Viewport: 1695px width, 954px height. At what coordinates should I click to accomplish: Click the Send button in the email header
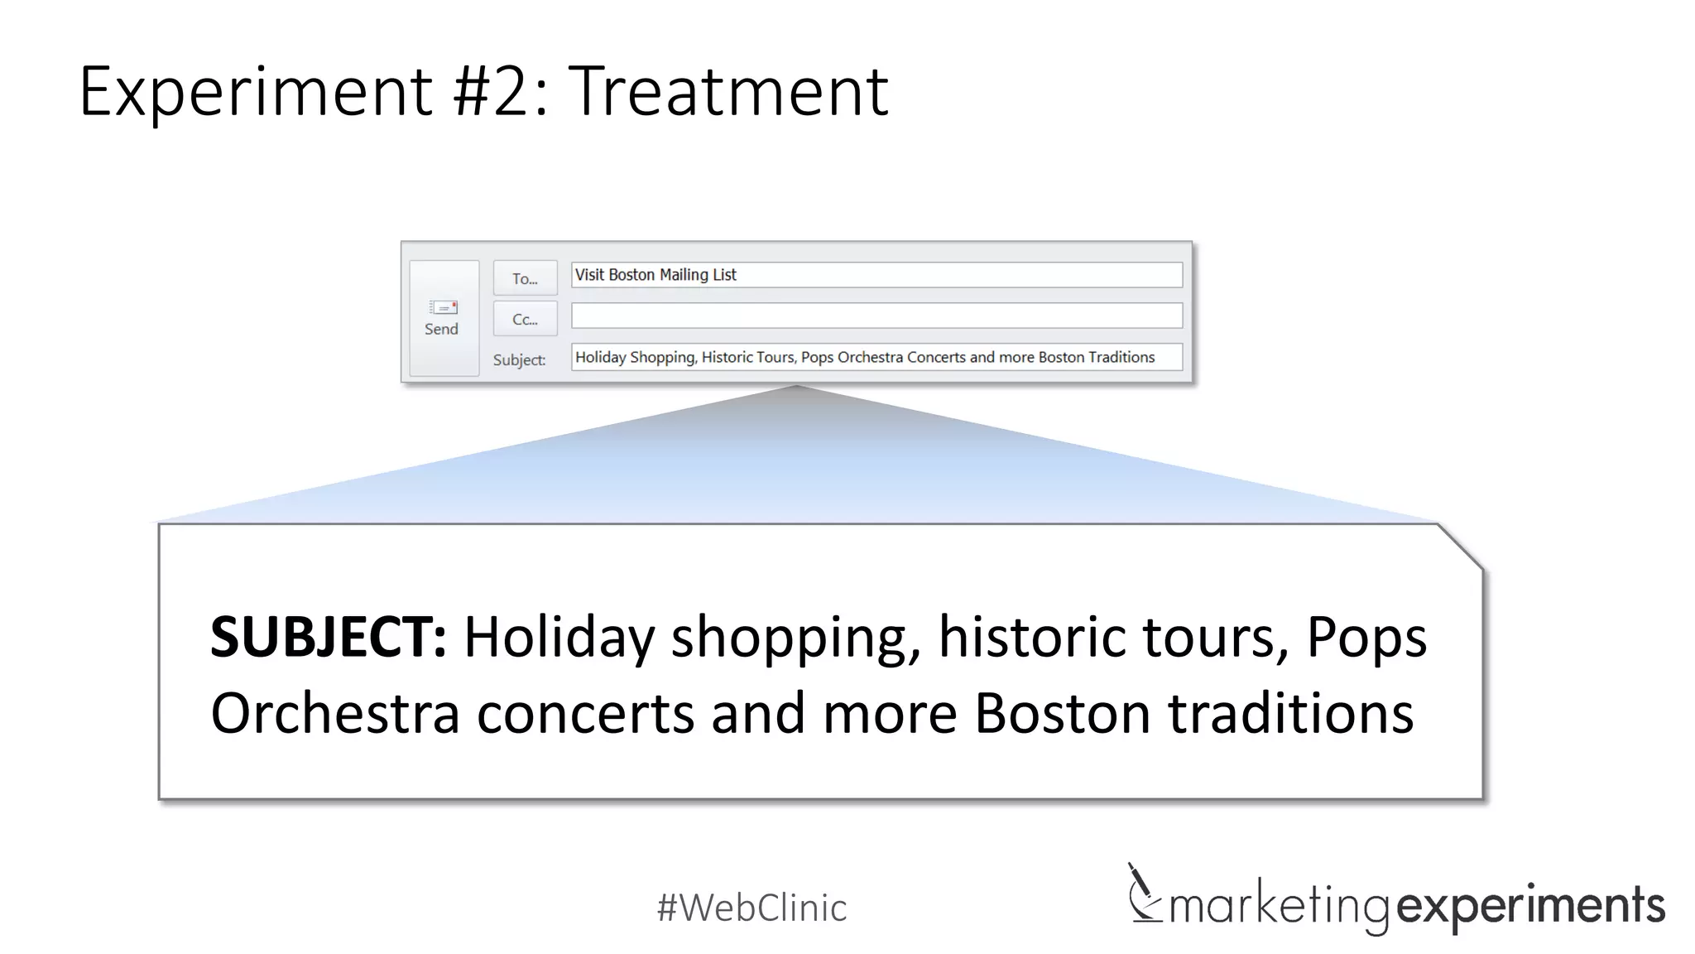[x=444, y=318]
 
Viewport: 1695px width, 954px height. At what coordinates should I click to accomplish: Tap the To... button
[x=525, y=278]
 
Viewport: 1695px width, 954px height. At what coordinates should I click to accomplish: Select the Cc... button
[x=525, y=319]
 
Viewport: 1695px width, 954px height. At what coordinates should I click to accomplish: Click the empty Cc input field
[x=876, y=316]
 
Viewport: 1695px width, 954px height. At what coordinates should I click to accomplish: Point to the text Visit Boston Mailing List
[x=655, y=275]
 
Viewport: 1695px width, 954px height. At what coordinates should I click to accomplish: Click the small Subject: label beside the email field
[x=519, y=359]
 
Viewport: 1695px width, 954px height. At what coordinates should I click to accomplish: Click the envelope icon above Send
[x=444, y=307]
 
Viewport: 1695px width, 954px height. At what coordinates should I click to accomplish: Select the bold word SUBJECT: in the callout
[x=329, y=637]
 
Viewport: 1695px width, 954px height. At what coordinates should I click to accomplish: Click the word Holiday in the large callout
[x=559, y=637]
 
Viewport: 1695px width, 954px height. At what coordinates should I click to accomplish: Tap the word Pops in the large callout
[x=1366, y=637]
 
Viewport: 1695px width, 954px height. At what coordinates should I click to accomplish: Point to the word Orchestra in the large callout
[x=335, y=713]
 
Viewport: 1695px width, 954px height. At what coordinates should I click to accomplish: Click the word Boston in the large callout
[x=1062, y=713]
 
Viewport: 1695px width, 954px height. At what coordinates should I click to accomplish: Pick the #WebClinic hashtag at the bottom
[x=751, y=908]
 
